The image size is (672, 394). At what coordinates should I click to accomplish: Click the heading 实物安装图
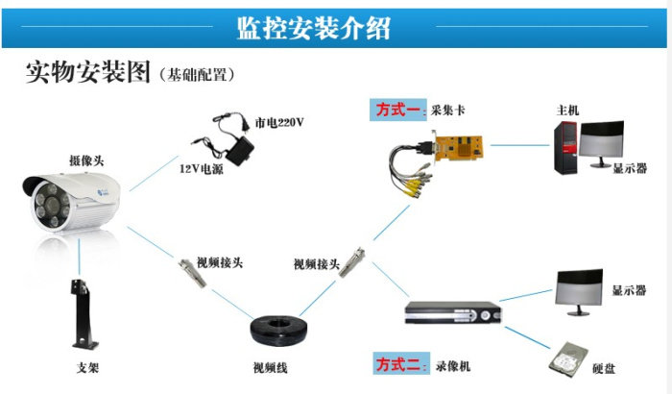tap(87, 73)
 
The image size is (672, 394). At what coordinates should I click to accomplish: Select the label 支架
tap(87, 367)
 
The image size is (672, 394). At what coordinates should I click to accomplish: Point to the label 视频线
tap(270, 367)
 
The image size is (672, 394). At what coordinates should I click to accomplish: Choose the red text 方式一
tap(397, 111)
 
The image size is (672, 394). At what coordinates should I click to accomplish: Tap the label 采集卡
tap(448, 111)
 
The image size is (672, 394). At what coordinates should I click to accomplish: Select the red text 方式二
tap(397, 365)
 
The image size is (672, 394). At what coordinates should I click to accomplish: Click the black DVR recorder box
tap(451, 314)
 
